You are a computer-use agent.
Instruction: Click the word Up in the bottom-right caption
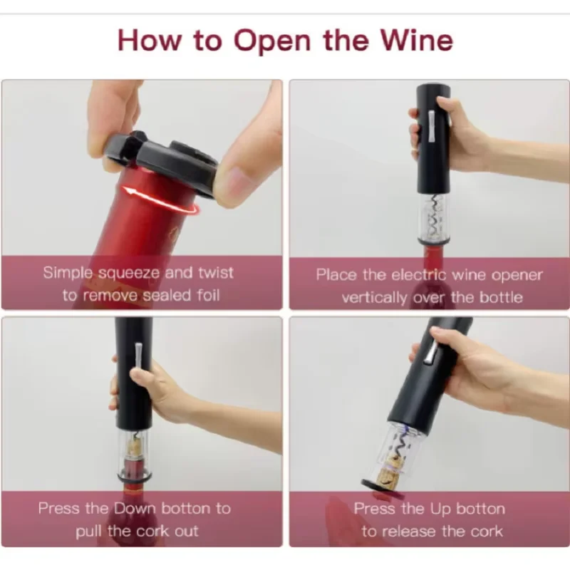coord(440,509)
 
